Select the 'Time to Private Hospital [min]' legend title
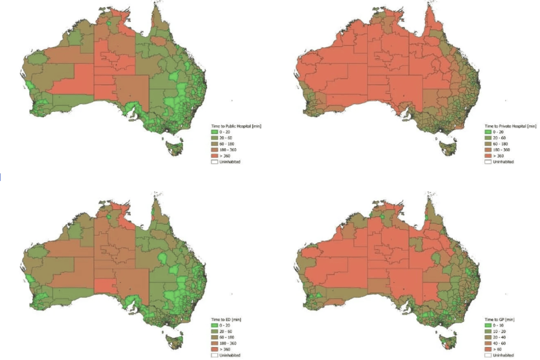point(510,126)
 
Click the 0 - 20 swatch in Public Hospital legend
point(214,132)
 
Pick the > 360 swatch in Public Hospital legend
point(214,156)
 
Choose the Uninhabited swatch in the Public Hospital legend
point(214,162)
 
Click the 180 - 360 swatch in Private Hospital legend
point(488,150)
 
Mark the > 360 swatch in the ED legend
point(214,349)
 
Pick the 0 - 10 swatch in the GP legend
point(488,325)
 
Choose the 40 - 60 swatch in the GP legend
point(488,343)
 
